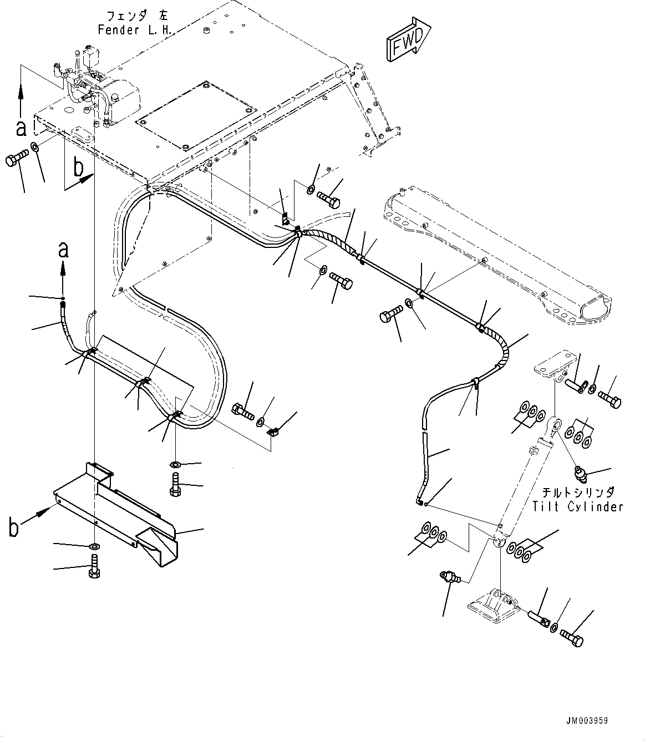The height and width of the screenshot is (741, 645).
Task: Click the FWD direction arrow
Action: click(x=409, y=39)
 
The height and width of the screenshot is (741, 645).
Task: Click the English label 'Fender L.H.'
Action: click(x=135, y=30)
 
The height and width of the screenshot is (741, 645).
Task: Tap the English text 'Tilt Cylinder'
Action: click(x=578, y=507)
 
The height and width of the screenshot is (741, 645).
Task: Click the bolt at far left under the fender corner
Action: click(x=17, y=157)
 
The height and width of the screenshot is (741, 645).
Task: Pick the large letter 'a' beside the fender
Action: click(x=22, y=128)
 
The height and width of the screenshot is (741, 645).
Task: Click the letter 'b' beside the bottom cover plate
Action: click(x=13, y=528)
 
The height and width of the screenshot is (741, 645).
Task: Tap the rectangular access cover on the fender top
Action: click(x=196, y=116)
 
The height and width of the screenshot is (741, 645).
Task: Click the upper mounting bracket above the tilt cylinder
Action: click(x=554, y=366)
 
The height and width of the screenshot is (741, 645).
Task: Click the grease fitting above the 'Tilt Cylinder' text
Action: click(x=580, y=475)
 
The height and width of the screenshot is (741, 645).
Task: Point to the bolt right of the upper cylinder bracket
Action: click(x=610, y=400)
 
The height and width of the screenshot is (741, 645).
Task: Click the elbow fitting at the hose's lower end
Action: click(x=419, y=501)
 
